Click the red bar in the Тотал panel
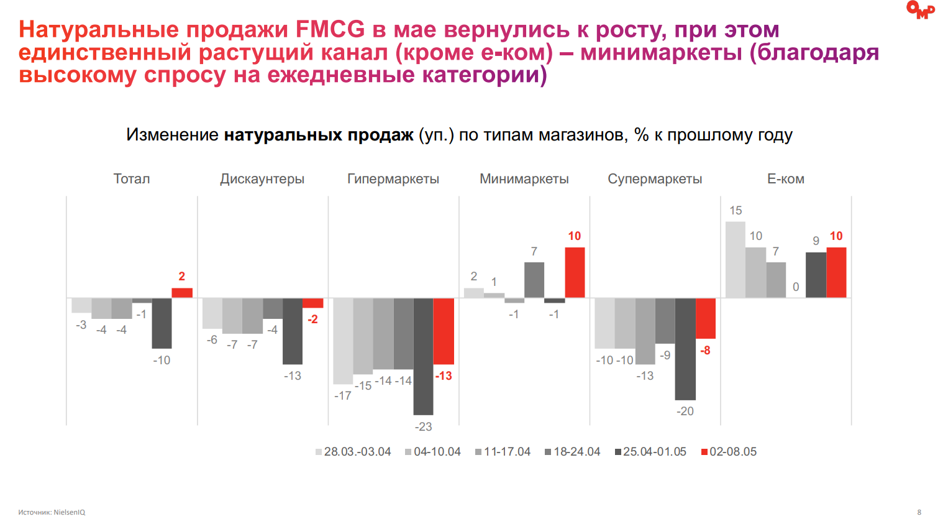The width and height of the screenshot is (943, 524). tap(182, 293)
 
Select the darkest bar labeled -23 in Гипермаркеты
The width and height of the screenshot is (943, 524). tap(423, 356)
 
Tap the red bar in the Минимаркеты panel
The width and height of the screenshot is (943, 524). tap(575, 272)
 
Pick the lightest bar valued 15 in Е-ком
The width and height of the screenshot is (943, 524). tap(736, 260)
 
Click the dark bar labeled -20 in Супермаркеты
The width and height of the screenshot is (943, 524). tap(685, 349)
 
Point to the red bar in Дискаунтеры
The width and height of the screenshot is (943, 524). tap(312, 303)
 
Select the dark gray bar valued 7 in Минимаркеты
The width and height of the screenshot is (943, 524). tap(534, 280)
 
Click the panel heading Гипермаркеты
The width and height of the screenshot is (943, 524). tap(393, 179)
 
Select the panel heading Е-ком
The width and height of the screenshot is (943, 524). tap(786, 179)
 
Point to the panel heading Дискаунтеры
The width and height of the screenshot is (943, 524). tap(262, 179)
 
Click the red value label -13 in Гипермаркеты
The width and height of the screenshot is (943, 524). tap(444, 376)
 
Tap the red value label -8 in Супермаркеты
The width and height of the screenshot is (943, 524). tap(705, 351)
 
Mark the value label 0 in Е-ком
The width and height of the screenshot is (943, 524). tap(796, 287)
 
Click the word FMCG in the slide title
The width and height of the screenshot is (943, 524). tap(330, 29)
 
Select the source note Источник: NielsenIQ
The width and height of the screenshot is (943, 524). tap(52, 512)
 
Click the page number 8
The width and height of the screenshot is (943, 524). tap(919, 512)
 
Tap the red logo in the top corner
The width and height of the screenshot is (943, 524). tap(920, 10)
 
